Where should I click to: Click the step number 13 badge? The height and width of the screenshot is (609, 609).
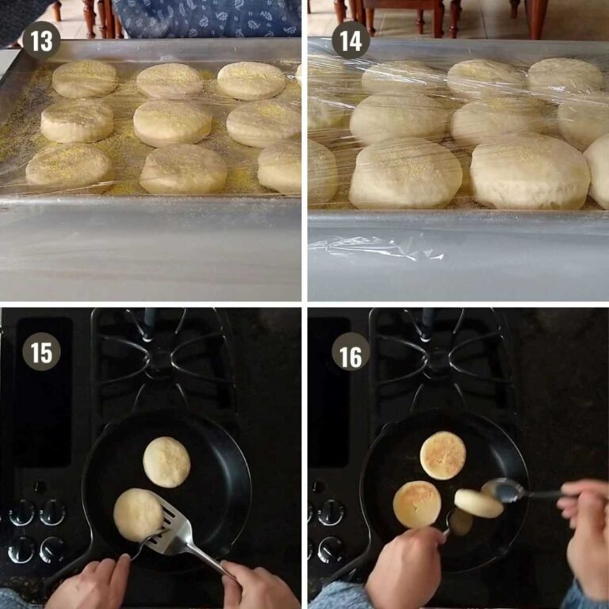click(x=41, y=40)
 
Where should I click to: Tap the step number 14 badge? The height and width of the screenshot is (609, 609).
click(x=350, y=40)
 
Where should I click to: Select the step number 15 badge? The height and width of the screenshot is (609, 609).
click(x=41, y=352)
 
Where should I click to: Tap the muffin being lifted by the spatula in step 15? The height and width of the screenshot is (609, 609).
click(x=137, y=514)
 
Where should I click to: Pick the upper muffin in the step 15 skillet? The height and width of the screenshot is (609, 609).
click(x=167, y=462)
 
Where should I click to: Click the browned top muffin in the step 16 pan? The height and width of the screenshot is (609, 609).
click(x=442, y=455)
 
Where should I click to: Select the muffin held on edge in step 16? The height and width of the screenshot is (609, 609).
click(x=478, y=503)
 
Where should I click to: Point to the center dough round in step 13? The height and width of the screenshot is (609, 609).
click(x=172, y=122)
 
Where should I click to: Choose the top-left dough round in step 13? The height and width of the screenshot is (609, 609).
click(x=84, y=79)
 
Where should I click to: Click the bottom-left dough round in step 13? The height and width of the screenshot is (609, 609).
click(x=71, y=166)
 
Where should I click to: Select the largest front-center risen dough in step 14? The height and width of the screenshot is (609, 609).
click(x=405, y=174)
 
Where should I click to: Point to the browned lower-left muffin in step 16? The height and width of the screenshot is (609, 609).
click(x=417, y=504)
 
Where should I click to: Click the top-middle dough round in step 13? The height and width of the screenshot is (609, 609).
click(x=170, y=80)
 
